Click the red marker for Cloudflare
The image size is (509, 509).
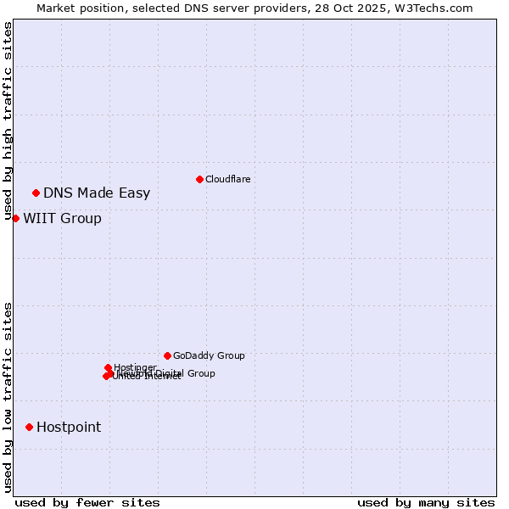point(199,179)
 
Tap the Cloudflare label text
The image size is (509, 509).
point(227,179)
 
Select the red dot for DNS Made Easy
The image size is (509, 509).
point(36,193)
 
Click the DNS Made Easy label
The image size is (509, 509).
point(97,193)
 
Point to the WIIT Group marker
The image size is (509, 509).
point(15,218)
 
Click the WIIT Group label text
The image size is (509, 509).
point(62,219)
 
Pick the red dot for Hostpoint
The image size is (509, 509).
point(29,427)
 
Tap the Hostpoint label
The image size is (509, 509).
point(69,428)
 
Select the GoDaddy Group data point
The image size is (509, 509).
point(167,355)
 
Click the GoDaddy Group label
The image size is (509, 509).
point(209,356)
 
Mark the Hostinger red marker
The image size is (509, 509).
point(108,367)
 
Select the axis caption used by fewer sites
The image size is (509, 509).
point(87,502)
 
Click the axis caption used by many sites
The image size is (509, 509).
point(426,502)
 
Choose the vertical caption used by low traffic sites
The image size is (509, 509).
point(8,397)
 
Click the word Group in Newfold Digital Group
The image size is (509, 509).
point(200,373)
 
